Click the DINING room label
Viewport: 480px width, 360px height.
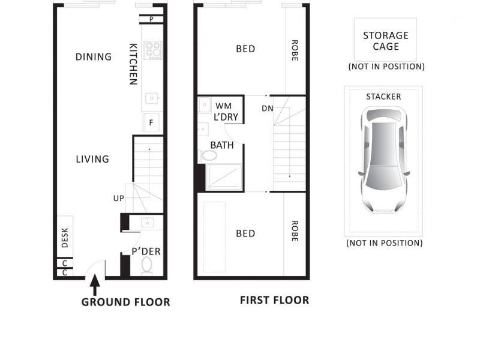[94, 57]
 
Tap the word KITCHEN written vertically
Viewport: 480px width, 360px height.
[134, 64]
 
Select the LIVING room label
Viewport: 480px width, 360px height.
[92, 159]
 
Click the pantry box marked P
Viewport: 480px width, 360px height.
[151, 19]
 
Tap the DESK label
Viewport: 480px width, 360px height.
[65, 238]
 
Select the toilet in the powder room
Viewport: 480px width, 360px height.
[147, 265]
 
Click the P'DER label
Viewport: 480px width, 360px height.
[146, 251]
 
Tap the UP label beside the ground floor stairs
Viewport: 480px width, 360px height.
[118, 198]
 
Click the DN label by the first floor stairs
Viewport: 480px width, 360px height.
[267, 109]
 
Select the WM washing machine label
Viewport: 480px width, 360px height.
[223, 106]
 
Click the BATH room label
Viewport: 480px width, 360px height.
[221, 145]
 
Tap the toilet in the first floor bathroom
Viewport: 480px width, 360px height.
[208, 156]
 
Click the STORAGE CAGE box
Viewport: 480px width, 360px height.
[385, 40]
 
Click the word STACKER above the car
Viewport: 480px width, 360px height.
[383, 96]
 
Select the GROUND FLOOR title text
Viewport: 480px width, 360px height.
[125, 302]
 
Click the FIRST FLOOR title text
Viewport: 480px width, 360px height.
[274, 300]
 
